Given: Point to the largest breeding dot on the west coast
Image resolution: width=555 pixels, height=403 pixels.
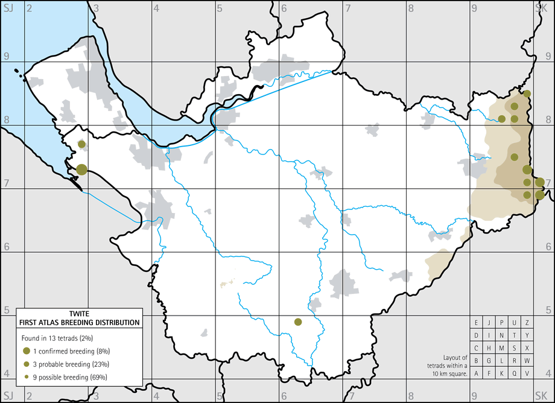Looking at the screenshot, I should pos(81,170).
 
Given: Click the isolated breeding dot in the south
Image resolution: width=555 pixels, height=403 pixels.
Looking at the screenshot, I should pos(297,322).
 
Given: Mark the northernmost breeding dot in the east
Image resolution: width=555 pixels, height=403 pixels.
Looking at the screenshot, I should pos(527,94).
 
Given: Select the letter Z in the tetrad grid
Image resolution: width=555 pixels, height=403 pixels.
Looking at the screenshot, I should pos(527,322).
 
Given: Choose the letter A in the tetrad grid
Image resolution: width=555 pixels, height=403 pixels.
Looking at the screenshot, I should pos(477,373).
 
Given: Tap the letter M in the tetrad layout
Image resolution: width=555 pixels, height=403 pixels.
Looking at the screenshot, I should pos(502,347).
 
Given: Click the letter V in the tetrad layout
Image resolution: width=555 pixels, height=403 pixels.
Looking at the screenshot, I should pos(527,373).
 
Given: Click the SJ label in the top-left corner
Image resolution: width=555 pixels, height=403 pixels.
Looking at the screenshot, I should pos(8,7).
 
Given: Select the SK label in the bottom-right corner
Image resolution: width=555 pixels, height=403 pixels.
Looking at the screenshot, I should pos(540,396).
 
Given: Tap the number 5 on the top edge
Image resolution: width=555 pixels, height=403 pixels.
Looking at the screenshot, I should pos(220,8).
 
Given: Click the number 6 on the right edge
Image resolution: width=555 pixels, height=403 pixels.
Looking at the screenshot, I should pos(548,246).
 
